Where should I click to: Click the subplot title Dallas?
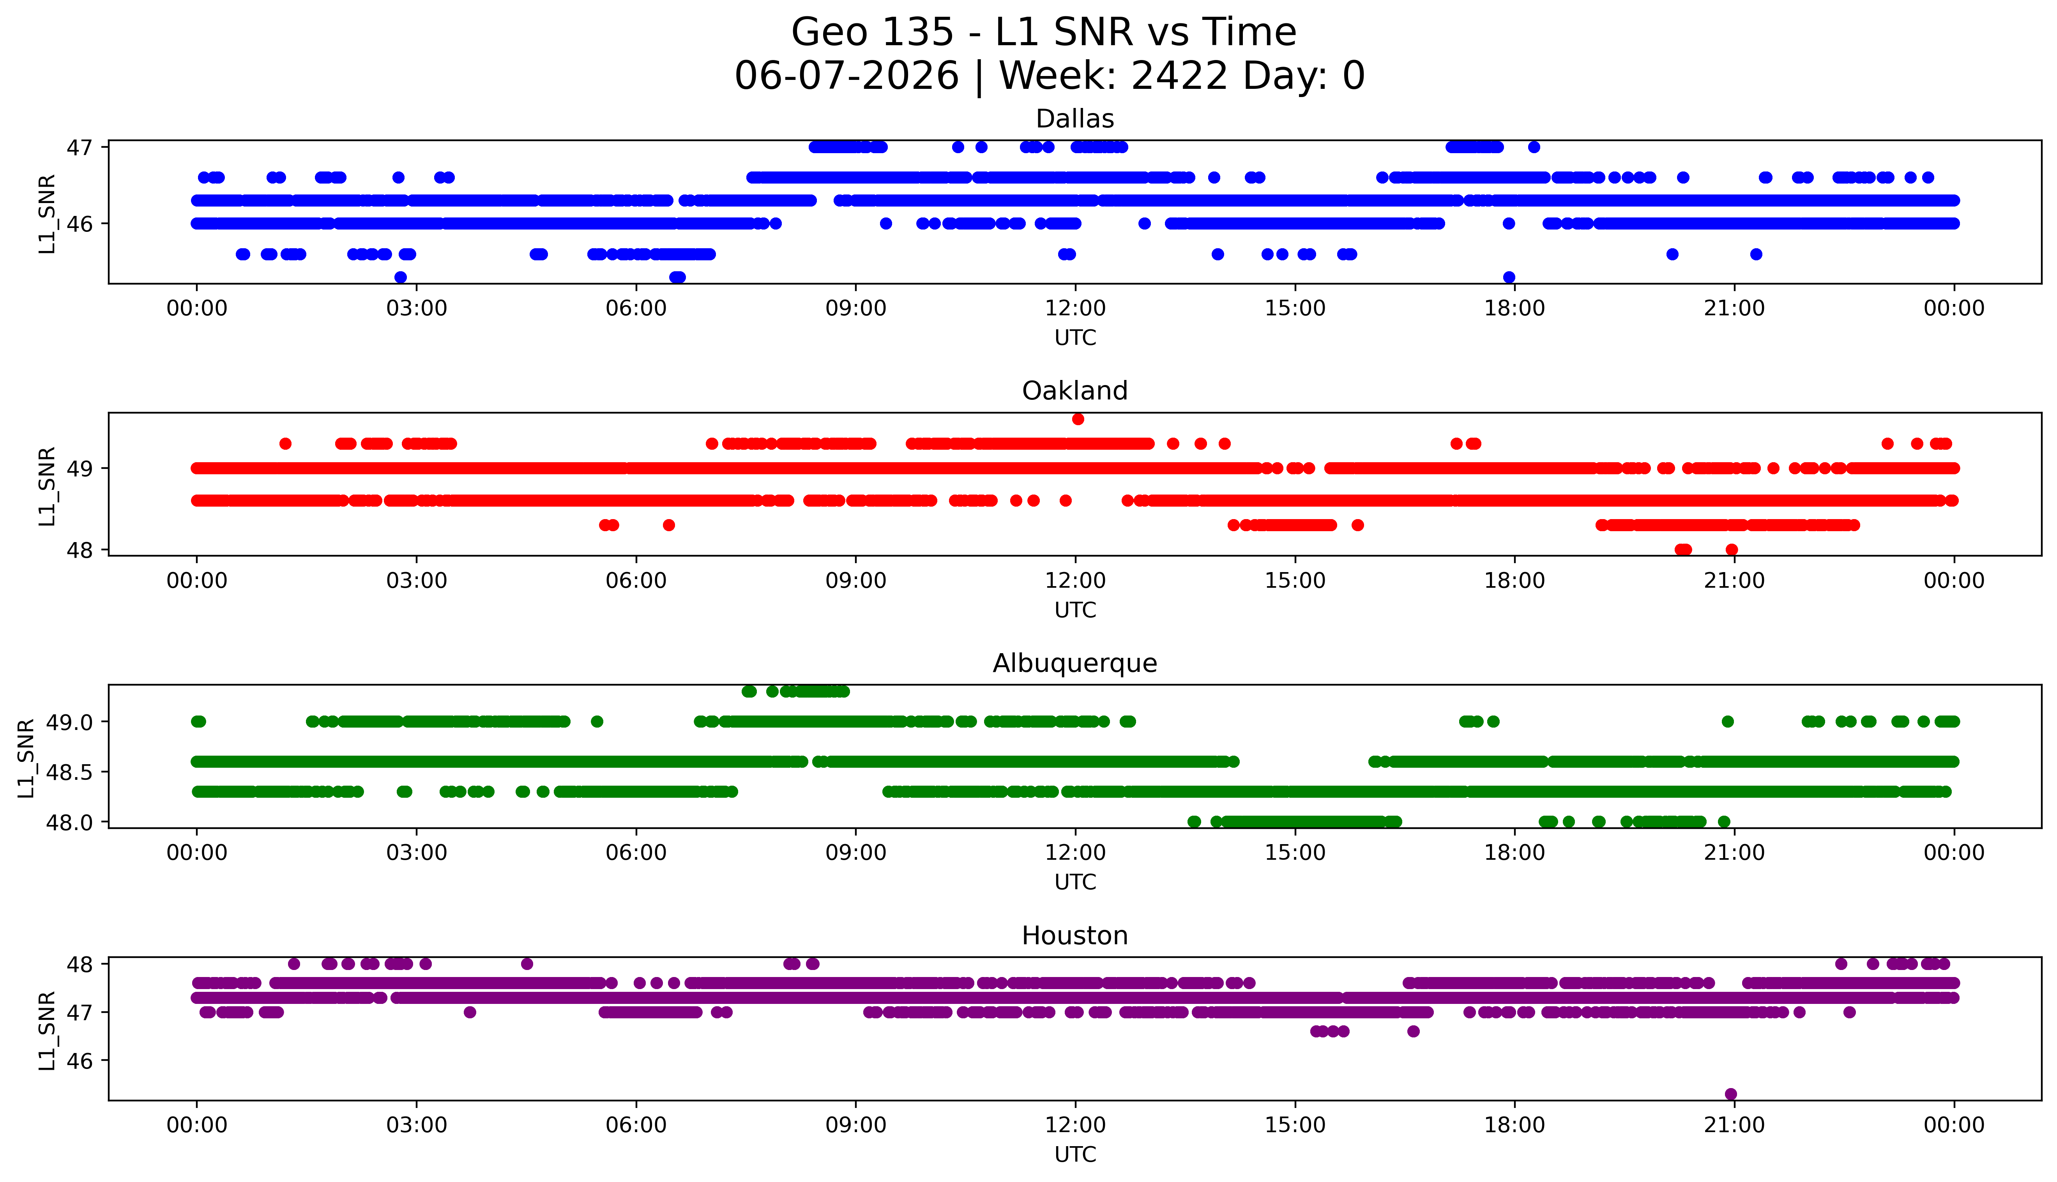coord(1075,119)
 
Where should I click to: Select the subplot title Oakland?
coord(1075,391)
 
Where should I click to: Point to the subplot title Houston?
coord(1075,936)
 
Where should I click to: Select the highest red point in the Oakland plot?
coord(1078,419)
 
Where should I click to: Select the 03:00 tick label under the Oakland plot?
coord(417,581)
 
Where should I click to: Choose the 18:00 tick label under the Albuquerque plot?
coord(1515,853)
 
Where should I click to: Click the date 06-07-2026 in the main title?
coord(846,76)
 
